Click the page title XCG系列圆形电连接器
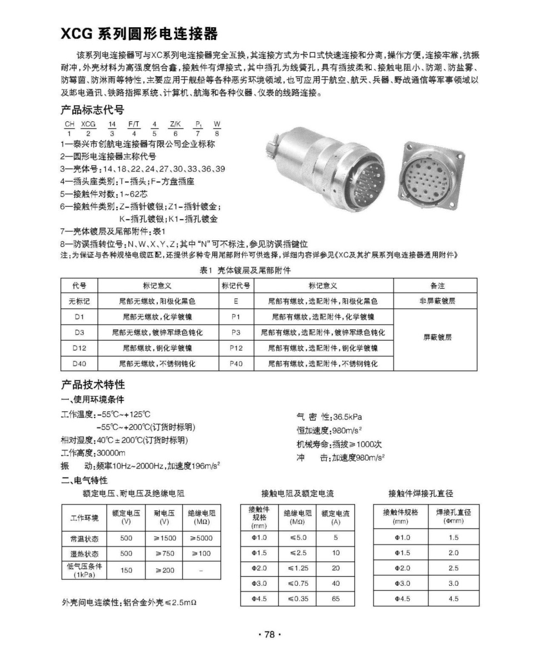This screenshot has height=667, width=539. tap(139, 34)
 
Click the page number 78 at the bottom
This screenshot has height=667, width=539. tap(269, 635)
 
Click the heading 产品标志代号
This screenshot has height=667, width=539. tap(92, 109)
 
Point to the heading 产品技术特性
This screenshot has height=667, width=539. tap(92, 385)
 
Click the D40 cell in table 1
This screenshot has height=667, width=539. tap(79, 364)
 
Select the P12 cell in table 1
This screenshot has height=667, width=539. tap(236, 348)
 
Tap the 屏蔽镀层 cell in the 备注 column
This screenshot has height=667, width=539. tap(437, 337)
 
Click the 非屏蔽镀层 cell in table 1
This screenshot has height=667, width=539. tap(437, 301)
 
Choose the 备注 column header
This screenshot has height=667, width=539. tap(437, 286)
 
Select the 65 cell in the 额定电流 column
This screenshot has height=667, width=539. tap(336, 599)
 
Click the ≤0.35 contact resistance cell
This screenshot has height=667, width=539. tap(298, 599)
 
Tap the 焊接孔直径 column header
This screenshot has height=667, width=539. tap(453, 515)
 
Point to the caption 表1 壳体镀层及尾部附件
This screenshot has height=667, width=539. tap(245, 270)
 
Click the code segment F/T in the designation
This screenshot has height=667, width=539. tap(133, 125)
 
